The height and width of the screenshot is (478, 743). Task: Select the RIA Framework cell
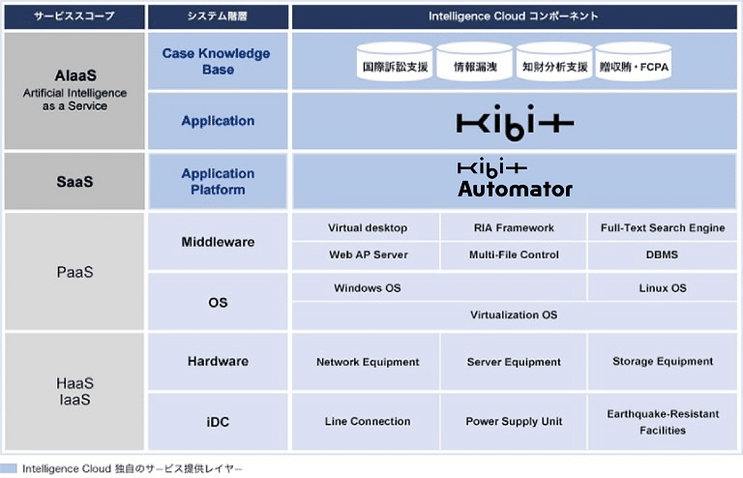pos(514,227)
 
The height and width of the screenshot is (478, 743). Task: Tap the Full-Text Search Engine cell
pos(663,227)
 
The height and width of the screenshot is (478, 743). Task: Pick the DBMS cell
pos(663,254)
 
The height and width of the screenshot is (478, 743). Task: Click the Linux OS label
pos(663,288)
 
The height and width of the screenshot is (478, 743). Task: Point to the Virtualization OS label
pos(514,315)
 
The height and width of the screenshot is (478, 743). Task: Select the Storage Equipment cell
pos(663,362)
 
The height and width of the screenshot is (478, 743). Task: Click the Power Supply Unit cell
pos(514,421)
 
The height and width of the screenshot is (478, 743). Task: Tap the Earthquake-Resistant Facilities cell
pos(663,421)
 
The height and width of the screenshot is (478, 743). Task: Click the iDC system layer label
pos(218,422)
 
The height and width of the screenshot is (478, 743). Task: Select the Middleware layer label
pos(218,242)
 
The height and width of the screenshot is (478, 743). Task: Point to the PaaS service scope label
pos(74,272)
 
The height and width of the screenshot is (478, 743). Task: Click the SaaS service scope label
pos(74,182)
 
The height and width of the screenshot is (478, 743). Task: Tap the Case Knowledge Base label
pos(217,61)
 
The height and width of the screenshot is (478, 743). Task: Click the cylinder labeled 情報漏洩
pos(475,61)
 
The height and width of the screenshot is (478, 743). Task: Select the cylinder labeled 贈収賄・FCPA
pos(634,61)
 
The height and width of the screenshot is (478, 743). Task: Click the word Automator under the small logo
pos(515,189)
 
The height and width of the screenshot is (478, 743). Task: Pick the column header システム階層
pos(218,16)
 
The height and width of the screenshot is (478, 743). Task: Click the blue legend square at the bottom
pos(9,468)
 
